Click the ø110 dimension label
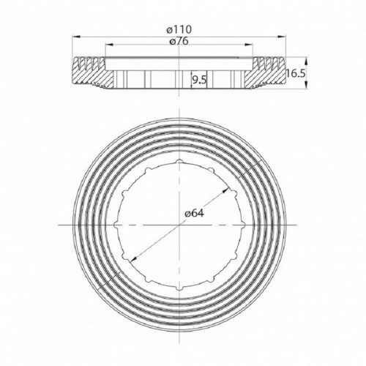click(179, 30)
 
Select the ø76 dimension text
click(179, 42)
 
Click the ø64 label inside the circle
click(193, 212)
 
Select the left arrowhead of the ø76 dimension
click(107, 47)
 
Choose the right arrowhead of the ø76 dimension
click(252, 47)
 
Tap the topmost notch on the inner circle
click(179, 160)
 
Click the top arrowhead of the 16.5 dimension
click(283, 59)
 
